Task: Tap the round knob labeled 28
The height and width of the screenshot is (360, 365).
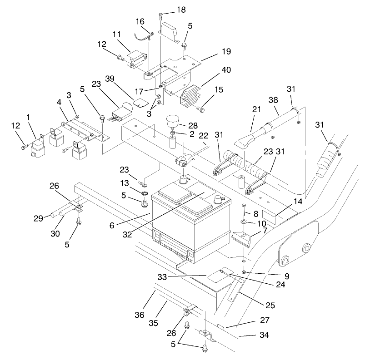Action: point(172,122)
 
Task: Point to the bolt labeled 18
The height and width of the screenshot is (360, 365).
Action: point(161,17)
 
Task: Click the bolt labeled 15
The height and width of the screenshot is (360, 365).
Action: point(202,109)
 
